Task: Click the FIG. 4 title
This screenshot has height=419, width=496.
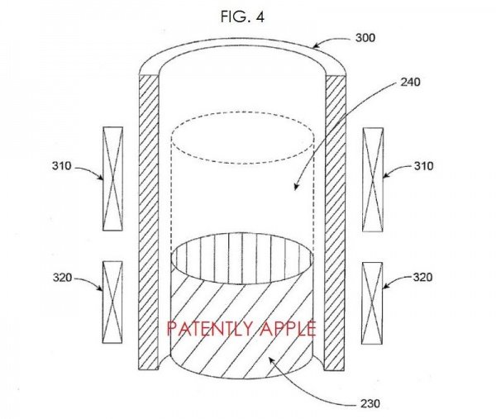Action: click(x=242, y=17)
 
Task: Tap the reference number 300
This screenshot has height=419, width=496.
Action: click(x=365, y=38)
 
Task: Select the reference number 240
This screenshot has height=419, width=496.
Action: click(x=410, y=82)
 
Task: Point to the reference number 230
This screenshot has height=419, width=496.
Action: click(x=370, y=404)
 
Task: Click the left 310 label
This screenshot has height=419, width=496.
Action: click(x=62, y=166)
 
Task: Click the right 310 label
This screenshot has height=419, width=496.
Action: click(x=423, y=166)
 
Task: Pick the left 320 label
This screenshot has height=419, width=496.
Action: click(x=62, y=278)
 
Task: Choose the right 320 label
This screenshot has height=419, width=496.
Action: click(x=422, y=278)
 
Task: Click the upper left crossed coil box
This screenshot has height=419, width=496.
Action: click(x=113, y=179)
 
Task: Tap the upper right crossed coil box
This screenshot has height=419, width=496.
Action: click(x=373, y=179)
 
